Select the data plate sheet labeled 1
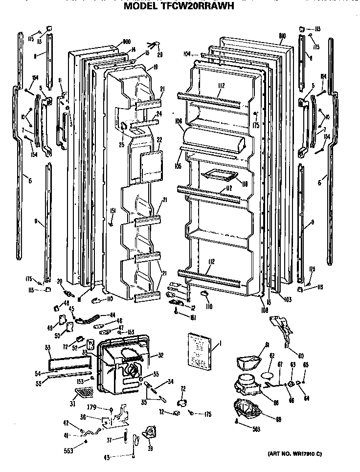pos(201,350)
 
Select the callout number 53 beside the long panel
pos(48,348)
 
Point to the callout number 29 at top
pos(160,54)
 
